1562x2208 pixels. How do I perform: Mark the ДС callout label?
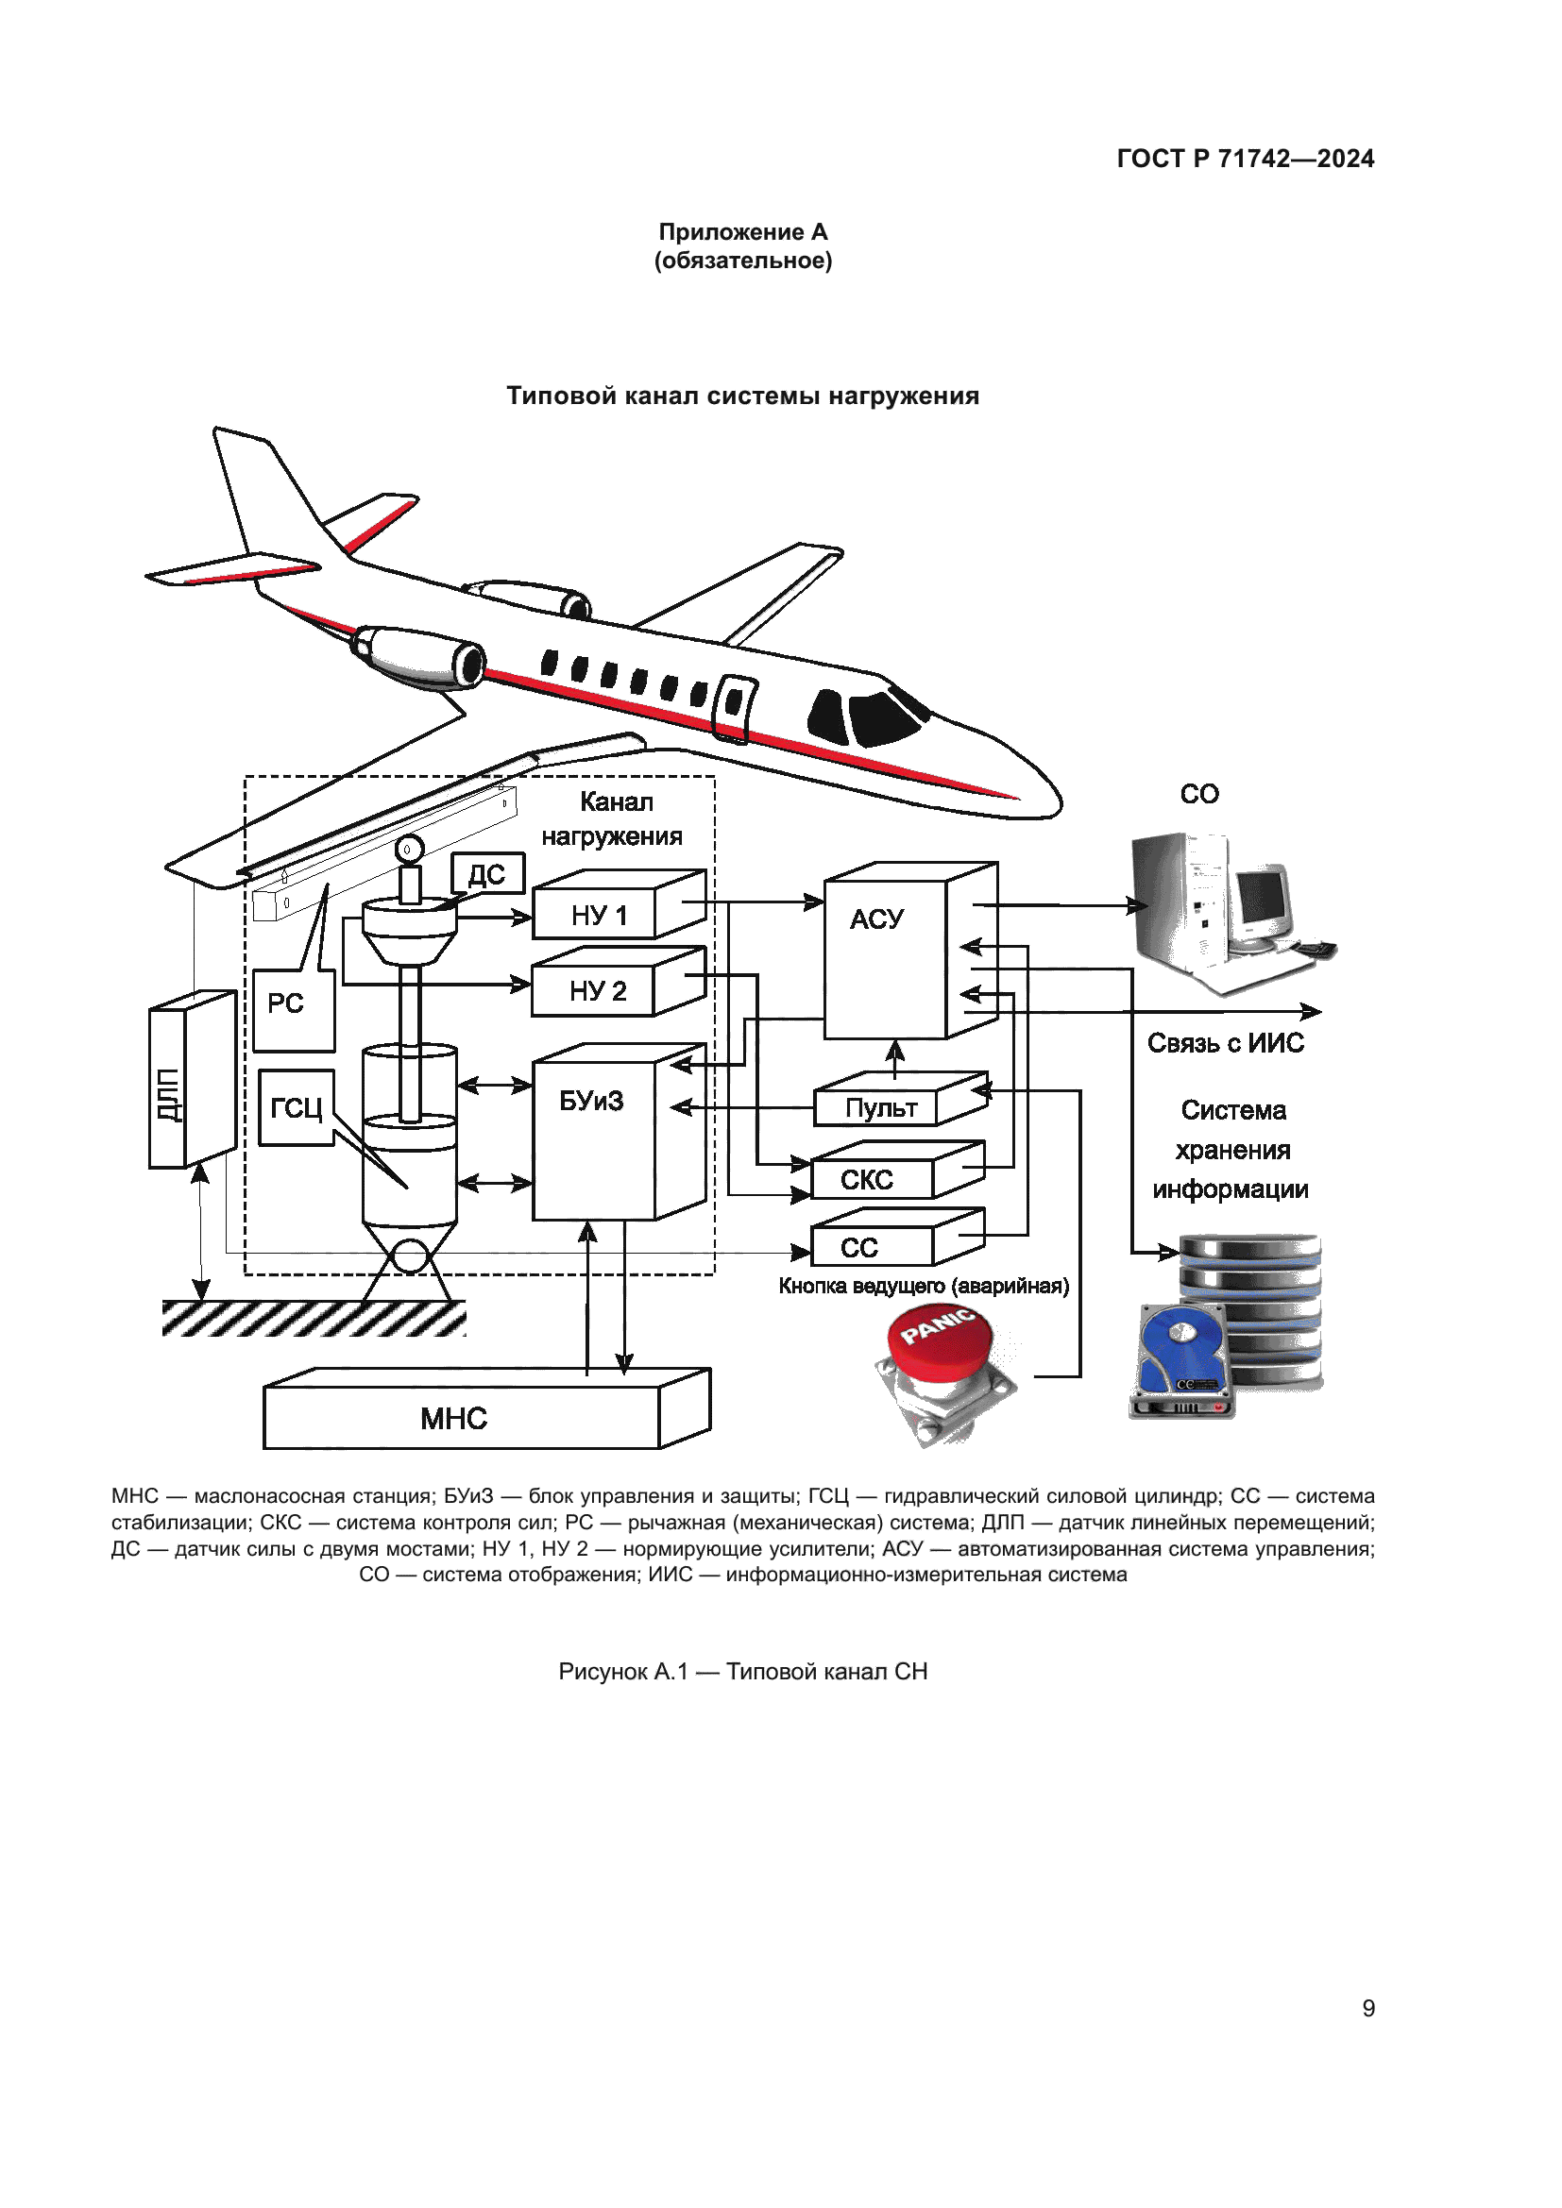tap(487, 874)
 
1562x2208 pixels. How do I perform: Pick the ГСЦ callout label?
tap(297, 1108)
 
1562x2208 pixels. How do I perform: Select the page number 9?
tap(1367, 2008)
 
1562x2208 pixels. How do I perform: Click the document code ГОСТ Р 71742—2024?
tap(1245, 159)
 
